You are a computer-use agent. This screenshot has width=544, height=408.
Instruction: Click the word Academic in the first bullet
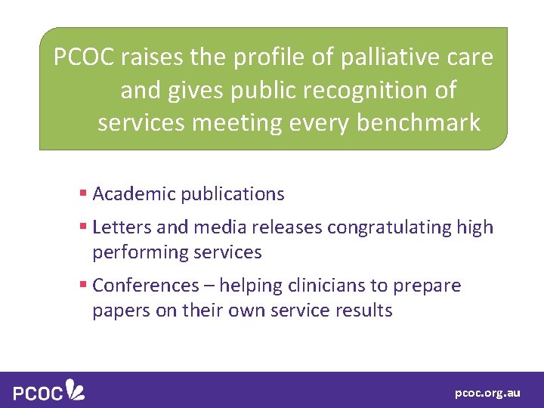coord(132,194)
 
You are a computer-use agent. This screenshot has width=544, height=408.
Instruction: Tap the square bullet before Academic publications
coord(83,194)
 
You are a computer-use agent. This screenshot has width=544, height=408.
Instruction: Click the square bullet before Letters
coord(83,227)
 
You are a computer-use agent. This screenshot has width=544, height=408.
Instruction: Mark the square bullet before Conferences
coord(83,286)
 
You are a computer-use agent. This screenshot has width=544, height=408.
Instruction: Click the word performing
coord(134,252)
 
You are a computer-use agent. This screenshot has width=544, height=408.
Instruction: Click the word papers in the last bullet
coord(116,311)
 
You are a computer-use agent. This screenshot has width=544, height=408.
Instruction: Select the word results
coord(366,311)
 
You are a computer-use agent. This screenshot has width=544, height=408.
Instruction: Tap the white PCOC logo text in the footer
coord(37,391)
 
